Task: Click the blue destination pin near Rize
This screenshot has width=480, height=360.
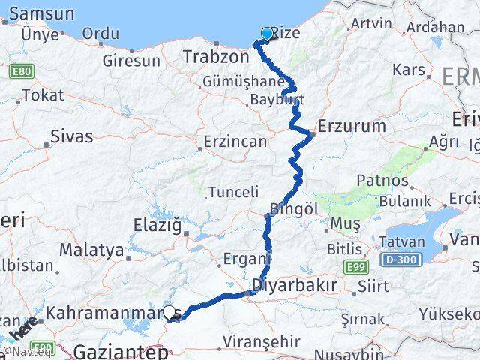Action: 267,34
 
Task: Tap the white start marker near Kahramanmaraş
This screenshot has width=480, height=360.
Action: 169,313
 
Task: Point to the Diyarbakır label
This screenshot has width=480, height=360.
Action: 293,285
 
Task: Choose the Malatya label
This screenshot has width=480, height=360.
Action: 91,249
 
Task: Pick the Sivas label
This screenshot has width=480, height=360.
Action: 72,136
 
